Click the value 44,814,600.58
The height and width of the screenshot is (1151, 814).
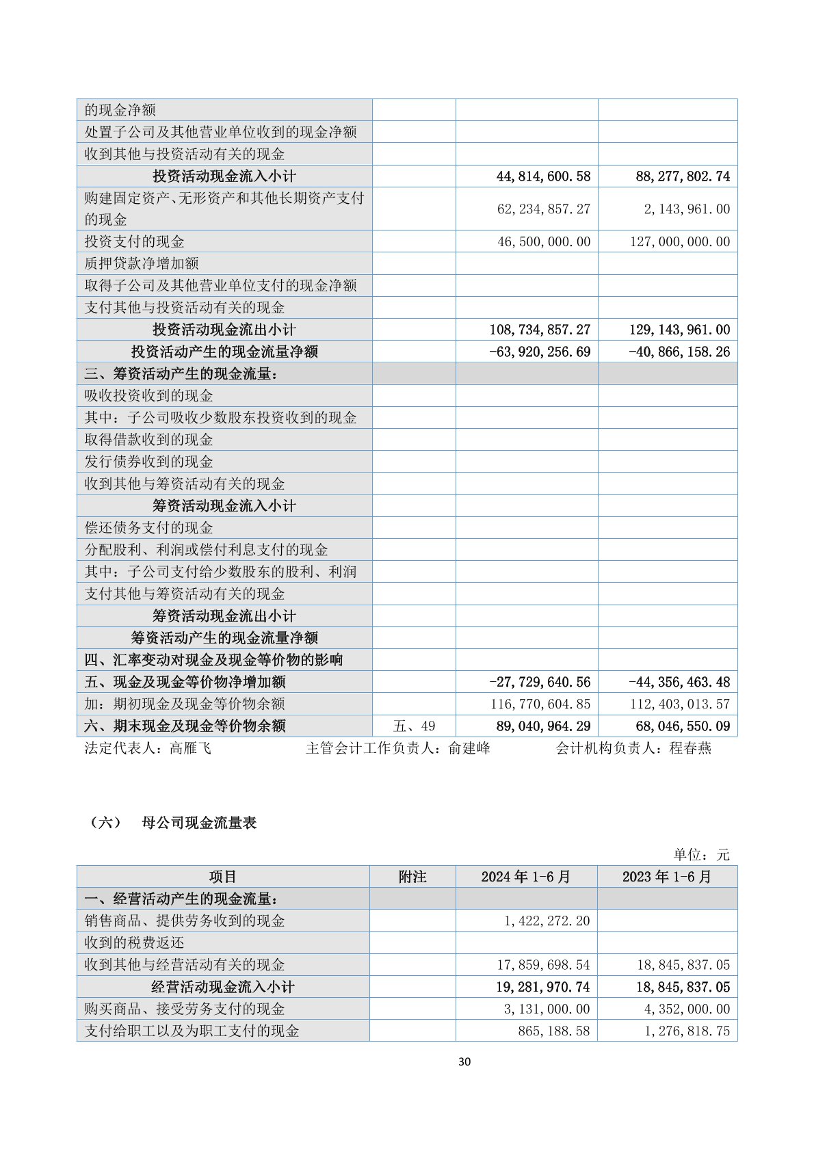(543, 176)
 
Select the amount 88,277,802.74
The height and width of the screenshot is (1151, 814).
(683, 176)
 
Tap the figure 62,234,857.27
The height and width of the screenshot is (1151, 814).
(543, 209)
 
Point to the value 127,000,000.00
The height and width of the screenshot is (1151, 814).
(680, 241)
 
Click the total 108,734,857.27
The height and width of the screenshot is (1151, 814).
(540, 330)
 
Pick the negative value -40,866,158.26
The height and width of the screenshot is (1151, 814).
(679, 352)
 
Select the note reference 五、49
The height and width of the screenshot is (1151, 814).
(415, 726)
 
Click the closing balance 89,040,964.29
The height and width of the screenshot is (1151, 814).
(540, 726)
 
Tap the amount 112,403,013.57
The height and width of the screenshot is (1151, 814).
(680, 704)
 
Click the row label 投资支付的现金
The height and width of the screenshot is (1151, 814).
(135, 241)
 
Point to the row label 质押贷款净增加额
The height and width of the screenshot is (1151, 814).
(142, 263)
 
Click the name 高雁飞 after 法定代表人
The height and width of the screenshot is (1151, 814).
(190, 748)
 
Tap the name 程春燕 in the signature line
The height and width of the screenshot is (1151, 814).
(690, 748)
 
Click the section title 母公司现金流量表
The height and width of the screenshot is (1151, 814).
(199, 823)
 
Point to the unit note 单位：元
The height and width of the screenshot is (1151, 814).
(701, 854)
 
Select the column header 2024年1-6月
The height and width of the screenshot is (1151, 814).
(525, 877)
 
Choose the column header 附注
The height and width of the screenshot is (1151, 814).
(412, 877)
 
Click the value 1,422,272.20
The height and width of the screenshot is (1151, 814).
(547, 921)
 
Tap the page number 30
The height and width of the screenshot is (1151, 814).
(464, 1061)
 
